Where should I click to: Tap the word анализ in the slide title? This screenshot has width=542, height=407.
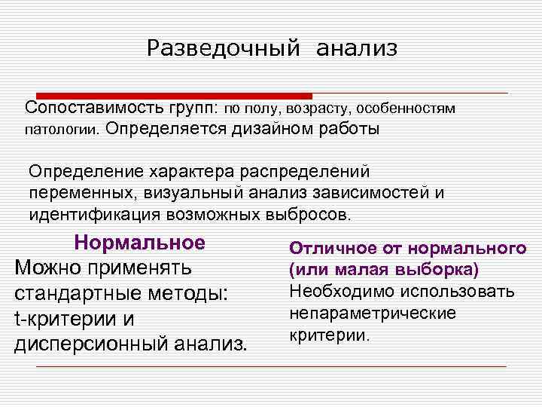(356, 49)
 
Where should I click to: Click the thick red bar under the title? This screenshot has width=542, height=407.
(166, 96)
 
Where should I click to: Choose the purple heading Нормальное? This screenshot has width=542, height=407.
(140, 243)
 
